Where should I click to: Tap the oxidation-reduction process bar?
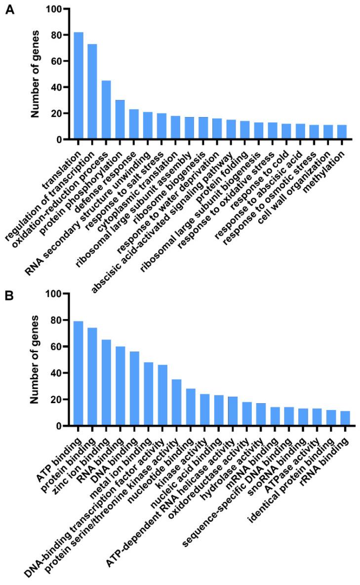pos(106,110)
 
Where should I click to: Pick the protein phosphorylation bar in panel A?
pos(120,120)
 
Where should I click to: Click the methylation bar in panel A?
pos(342,132)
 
